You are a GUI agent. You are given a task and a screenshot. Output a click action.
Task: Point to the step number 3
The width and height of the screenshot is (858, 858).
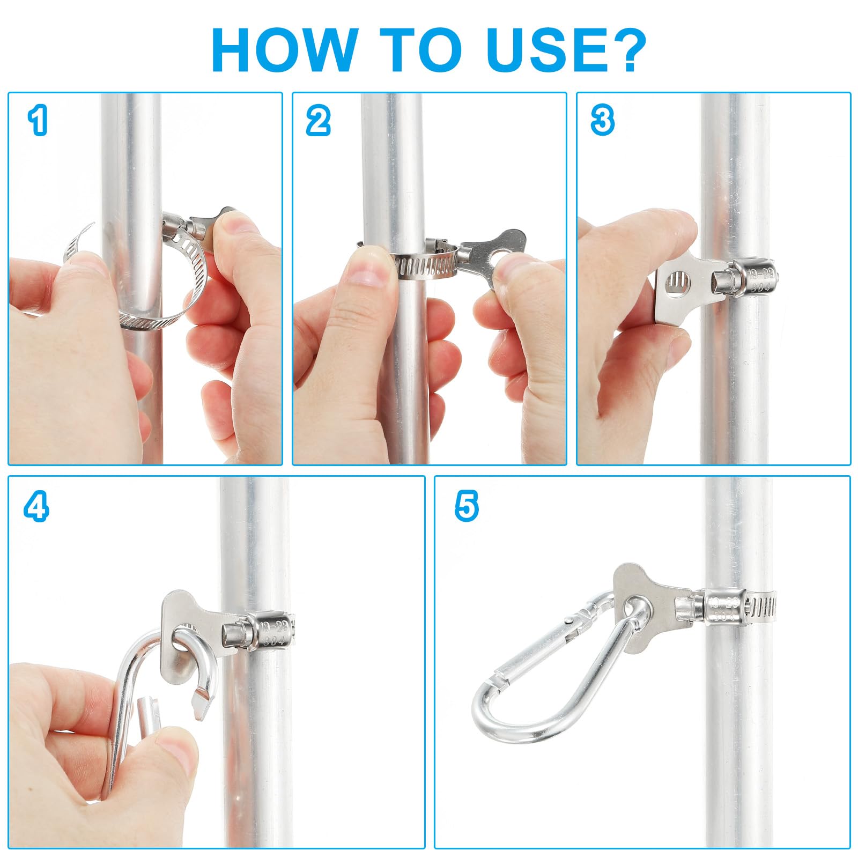point(602,120)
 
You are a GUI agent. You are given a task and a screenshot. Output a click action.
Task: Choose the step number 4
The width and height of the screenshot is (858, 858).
point(36,506)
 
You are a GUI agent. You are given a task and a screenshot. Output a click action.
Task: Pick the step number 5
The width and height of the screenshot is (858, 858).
point(467,506)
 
